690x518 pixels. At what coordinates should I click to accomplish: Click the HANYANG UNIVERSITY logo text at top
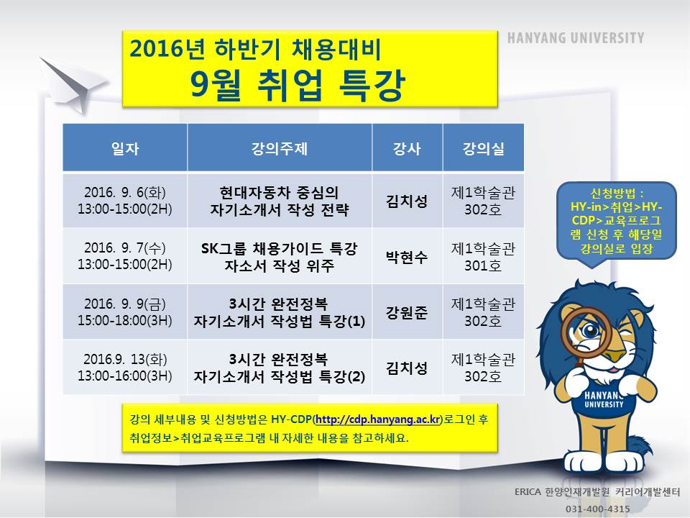(x=575, y=38)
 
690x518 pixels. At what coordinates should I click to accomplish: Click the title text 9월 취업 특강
(x=297, y=85)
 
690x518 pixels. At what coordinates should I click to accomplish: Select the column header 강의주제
(x=280, y=148)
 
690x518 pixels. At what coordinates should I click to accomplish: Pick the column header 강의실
(x=483, y=148)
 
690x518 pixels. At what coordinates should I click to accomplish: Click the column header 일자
(x=125, y=148)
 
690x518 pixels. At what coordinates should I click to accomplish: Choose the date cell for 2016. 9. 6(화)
(x=125, y=201)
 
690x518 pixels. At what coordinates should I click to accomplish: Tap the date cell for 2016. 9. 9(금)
(x=125, y=312)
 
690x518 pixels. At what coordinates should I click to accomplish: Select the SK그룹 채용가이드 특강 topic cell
(x=280, y=256)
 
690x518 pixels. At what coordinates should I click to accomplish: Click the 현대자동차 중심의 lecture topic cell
(x=280, y=201)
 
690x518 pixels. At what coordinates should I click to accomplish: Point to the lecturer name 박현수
(x=407, y=257)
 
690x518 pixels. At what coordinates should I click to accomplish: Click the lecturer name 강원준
(x=407, y=312)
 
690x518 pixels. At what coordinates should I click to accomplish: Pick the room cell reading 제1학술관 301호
(x=483, y=256)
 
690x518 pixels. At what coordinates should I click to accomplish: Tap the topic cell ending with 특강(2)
(x=280, y=368)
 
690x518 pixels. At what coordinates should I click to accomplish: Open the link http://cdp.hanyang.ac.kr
(x=378, y=419)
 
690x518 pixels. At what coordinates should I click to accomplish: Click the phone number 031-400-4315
(x=597, y=509)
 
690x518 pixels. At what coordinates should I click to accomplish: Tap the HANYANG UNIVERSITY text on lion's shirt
(x=604, y=399)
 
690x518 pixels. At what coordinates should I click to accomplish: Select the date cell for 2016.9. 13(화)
(x=125, y=368)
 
